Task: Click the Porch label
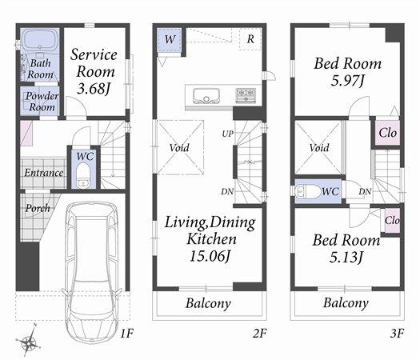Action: point(37,208)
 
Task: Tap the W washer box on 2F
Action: point(170,38)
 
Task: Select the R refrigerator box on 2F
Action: point(250,38)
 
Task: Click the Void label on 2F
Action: point(179,148)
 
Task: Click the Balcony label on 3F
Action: point(346,303)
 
